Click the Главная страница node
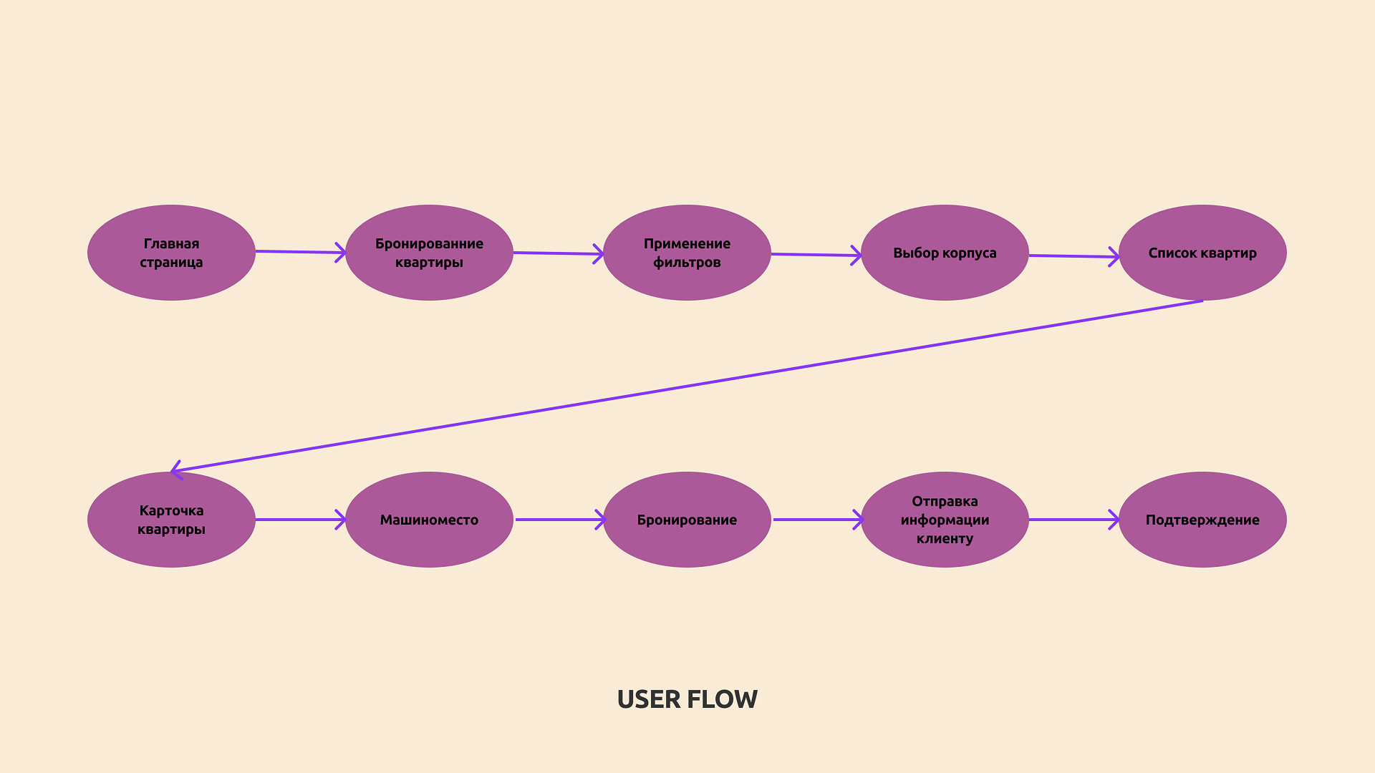(171, 253)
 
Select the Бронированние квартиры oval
(429, 253)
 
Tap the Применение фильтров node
(687, 253)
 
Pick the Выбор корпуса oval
(945, 253)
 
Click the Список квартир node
(1202, 253)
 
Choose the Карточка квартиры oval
(171, 520)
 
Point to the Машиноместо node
(429, 520)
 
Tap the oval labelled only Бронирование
(687, 520)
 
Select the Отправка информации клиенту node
(945, 520)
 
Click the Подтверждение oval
(1202, 520)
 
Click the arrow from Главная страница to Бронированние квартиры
(301, 252)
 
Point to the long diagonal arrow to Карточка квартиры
(687, 386)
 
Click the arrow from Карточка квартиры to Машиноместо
(301, 520)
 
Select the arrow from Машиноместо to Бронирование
(559, 520)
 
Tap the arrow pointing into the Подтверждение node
(1074, 520)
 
